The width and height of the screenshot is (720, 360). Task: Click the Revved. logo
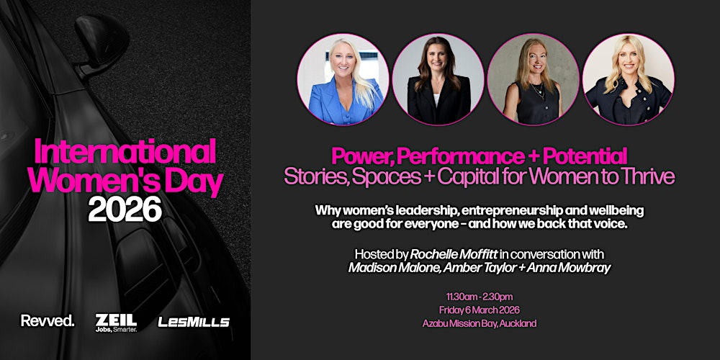48,321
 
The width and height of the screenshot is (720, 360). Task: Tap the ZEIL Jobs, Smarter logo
115,322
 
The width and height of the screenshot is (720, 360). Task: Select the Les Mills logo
193,322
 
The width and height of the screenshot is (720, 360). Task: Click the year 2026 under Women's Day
125,210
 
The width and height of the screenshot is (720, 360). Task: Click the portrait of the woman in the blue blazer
343,79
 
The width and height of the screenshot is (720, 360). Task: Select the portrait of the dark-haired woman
438,79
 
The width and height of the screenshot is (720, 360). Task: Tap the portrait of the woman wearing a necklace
533,79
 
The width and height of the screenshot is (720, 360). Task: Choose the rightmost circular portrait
628,79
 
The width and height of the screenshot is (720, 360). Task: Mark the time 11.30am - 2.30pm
480,297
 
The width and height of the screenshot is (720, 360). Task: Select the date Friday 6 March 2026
480,310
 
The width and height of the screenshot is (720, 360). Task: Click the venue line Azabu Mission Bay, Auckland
480,323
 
